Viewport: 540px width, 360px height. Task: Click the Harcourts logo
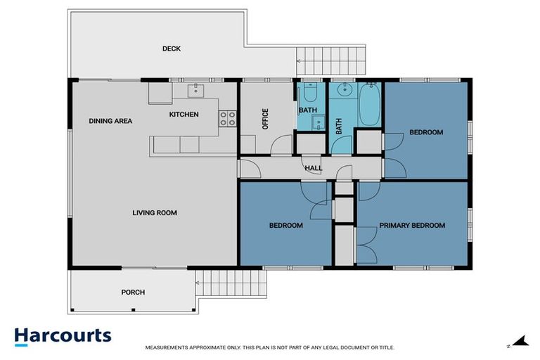point(63,335)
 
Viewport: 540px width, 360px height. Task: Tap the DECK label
point(172,49)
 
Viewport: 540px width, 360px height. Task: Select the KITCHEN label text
point(184,114)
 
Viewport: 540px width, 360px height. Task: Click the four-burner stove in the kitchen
point(227,119)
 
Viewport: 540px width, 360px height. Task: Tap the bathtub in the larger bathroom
point(371,105)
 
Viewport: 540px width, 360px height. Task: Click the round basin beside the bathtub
point(344,90)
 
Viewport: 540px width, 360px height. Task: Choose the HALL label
point(314,167)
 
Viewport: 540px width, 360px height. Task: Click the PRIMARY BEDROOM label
point(412,226)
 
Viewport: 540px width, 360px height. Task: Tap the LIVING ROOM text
point(155,212)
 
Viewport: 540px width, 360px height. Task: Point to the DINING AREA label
point(110,121)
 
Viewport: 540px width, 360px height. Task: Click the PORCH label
point(133,292)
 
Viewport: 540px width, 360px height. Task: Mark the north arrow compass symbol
point(519,342)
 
